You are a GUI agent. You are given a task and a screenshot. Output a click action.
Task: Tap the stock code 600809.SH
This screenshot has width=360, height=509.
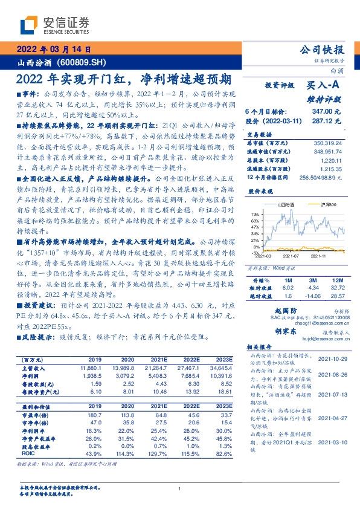(81, 62)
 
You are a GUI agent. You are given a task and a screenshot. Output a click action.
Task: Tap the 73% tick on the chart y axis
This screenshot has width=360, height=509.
(256, 214)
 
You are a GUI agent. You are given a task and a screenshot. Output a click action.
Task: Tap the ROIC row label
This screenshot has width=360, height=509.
(28, 453)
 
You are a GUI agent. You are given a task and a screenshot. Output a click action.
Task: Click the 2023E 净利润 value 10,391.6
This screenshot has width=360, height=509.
(223, 375)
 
